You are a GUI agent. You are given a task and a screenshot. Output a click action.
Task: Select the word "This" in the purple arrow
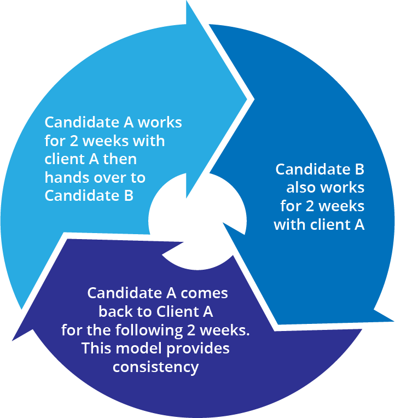pyautogui.click(x=96, y=349)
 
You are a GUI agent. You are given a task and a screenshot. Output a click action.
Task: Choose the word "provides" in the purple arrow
pyautogui.click(x=199, y=349)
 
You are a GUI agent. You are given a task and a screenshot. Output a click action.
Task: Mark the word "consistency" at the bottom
pyautogui.click(x=155, y=367)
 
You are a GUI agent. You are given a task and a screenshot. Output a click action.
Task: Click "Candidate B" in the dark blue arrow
pyautogui.click(x=320, y=169)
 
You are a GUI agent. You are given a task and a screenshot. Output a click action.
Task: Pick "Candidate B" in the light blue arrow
pyautogui.click(x=89, y=196)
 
